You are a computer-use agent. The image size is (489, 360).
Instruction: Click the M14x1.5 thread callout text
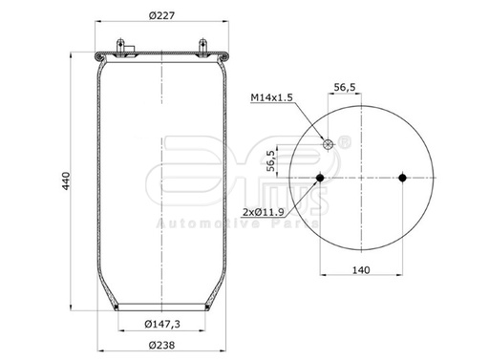tap(271, 97)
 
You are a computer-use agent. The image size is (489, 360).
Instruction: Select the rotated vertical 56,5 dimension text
tap(300, 159)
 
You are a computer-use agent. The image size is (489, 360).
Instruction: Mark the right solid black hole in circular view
tap(403, 179)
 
